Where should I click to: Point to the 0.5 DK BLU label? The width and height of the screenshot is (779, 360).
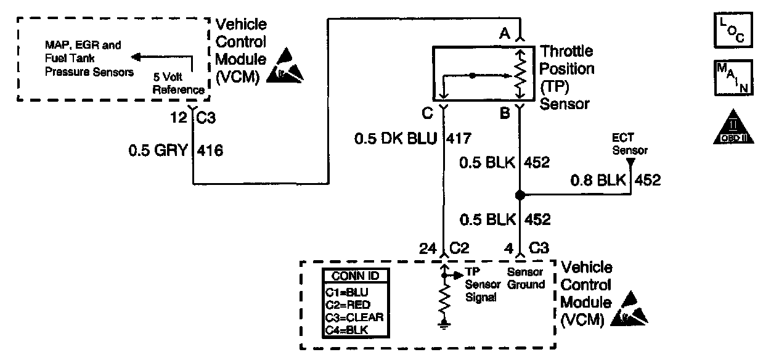[x=396, y=140]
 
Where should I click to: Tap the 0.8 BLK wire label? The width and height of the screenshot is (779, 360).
[x=597, y=180]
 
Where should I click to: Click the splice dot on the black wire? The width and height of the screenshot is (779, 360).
[x=520, y=195]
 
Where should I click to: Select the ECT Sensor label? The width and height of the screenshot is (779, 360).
[x=629, y=145]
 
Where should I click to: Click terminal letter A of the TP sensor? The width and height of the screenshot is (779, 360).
[x=504, y=35]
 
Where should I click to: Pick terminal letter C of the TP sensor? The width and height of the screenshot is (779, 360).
[x=427, y=113]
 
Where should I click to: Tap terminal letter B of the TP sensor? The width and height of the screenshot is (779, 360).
[x=504, y=113]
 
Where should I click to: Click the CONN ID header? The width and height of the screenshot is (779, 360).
[x=356, y=276]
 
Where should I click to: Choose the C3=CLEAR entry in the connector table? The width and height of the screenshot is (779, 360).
[x=354, y=317]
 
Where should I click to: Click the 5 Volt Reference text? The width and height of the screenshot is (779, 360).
[x=179, y=84]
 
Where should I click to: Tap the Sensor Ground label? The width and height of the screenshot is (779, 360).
[x=526, y=278]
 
